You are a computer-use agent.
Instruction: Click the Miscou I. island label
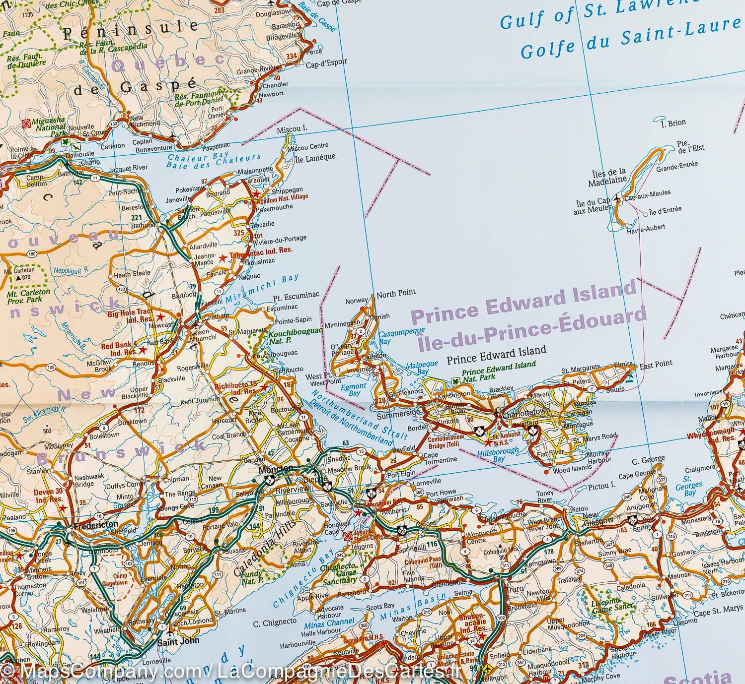point(291,129)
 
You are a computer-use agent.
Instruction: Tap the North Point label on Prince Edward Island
point(395,293)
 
